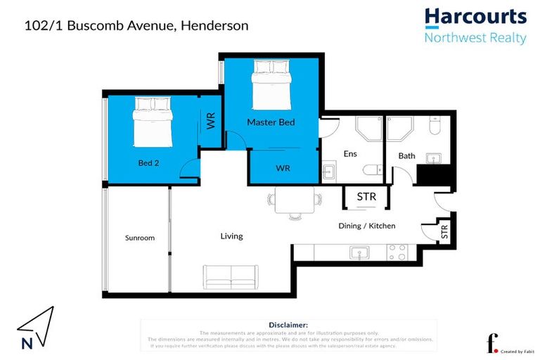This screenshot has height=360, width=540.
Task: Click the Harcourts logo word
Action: coord(475,17)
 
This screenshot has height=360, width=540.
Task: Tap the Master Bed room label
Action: coord(271,122)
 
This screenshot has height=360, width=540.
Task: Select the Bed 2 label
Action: coord(148,163)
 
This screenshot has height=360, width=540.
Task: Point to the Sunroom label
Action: coord(140,238)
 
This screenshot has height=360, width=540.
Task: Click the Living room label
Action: coord(231,236)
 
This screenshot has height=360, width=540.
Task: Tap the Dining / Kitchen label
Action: coord(367,226)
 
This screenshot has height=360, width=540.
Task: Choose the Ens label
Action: coord(350,154)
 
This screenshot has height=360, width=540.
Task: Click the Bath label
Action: coord(406,156)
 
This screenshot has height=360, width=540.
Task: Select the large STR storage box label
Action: coord(366,197)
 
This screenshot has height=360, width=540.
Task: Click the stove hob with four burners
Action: coord(398,252)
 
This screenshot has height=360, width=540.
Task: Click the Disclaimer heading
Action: coord(288,325)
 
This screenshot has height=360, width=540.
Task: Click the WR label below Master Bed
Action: coord(283,169)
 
